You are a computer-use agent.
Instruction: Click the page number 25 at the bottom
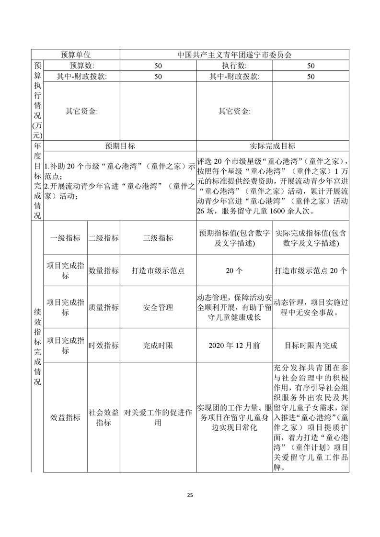click(x=190, y=495)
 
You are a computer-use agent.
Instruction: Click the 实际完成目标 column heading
click(x=273, y=146)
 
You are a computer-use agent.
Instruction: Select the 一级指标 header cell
click(x=65, y=238)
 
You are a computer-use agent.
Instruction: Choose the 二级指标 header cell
click(x=104, y=238)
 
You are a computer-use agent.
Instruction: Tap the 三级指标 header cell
click(x=158, y=238)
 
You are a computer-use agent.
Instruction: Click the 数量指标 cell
click(x=104, y=270)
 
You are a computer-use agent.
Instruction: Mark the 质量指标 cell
click(x=104, y=307)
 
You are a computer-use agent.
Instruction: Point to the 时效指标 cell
click(x=104, y=345)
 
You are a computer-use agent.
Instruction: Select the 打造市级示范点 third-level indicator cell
click(x=158, y=270)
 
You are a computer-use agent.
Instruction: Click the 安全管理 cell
click(x=158, y=307)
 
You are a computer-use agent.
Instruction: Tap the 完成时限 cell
click(x=158, y=345)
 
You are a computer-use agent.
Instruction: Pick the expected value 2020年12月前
click(x=234, y=345)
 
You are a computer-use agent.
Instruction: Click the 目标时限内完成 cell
click(x=311, y=345)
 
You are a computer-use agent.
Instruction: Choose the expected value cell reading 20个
click(x=234, y=270)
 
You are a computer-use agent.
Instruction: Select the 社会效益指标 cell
click(x=104, y=417)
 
